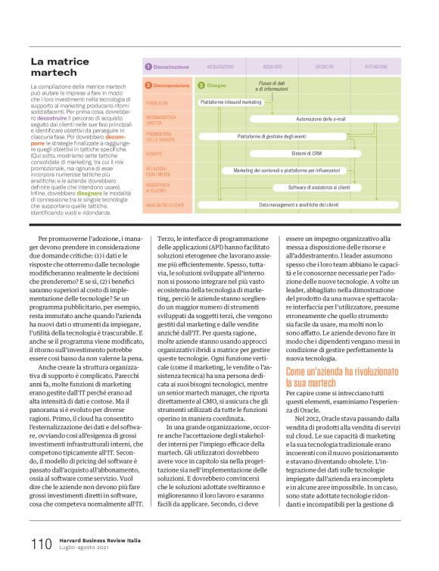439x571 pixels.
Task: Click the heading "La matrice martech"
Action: (61, 67)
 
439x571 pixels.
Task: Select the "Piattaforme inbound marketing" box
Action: (231, 101)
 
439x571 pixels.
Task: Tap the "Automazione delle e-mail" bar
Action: (320, 119)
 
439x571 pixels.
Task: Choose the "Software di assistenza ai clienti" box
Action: (319, 187)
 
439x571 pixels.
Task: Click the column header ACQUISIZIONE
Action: (220, 67)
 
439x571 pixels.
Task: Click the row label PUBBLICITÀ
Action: (157, 102)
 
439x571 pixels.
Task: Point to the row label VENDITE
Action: (154, 154)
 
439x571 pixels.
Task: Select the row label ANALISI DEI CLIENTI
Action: (165, 204)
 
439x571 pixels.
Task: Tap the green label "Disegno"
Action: (216, 86)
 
